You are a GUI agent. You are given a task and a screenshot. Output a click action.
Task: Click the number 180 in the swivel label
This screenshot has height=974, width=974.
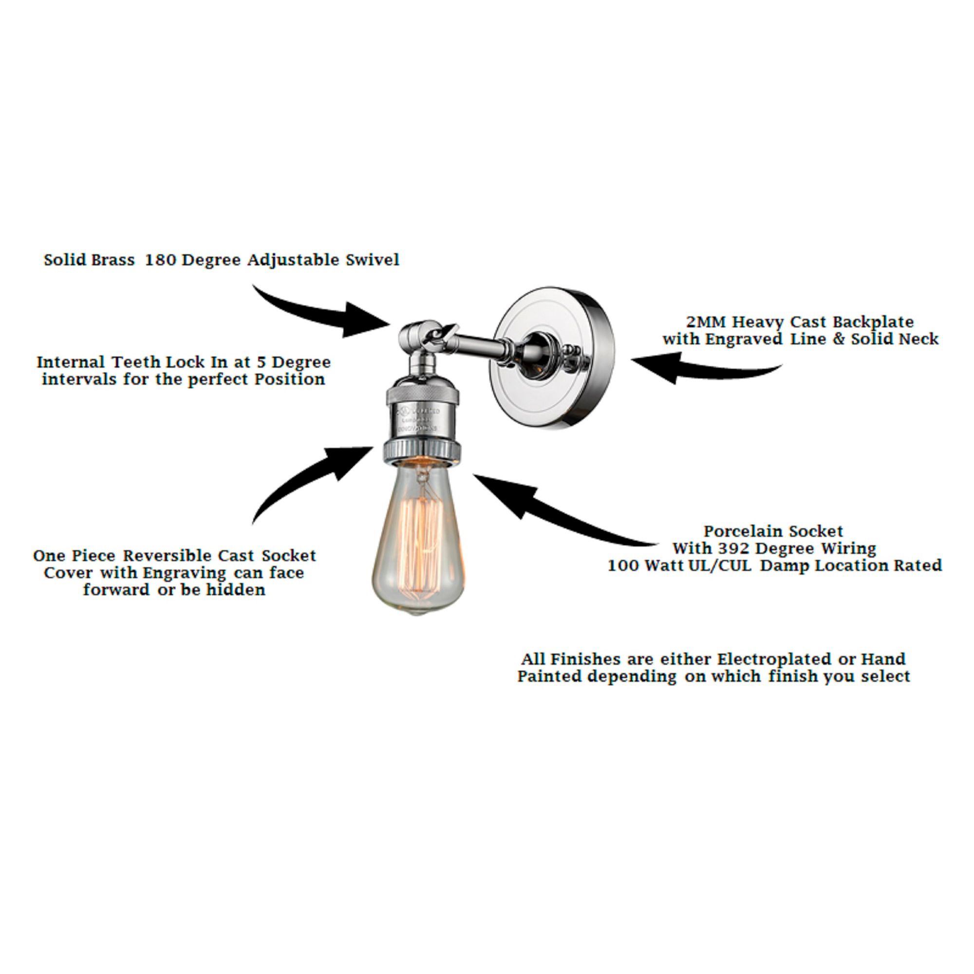pos(161,260)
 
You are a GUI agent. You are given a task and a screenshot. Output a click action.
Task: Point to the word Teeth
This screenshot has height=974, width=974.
pos(134,362)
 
